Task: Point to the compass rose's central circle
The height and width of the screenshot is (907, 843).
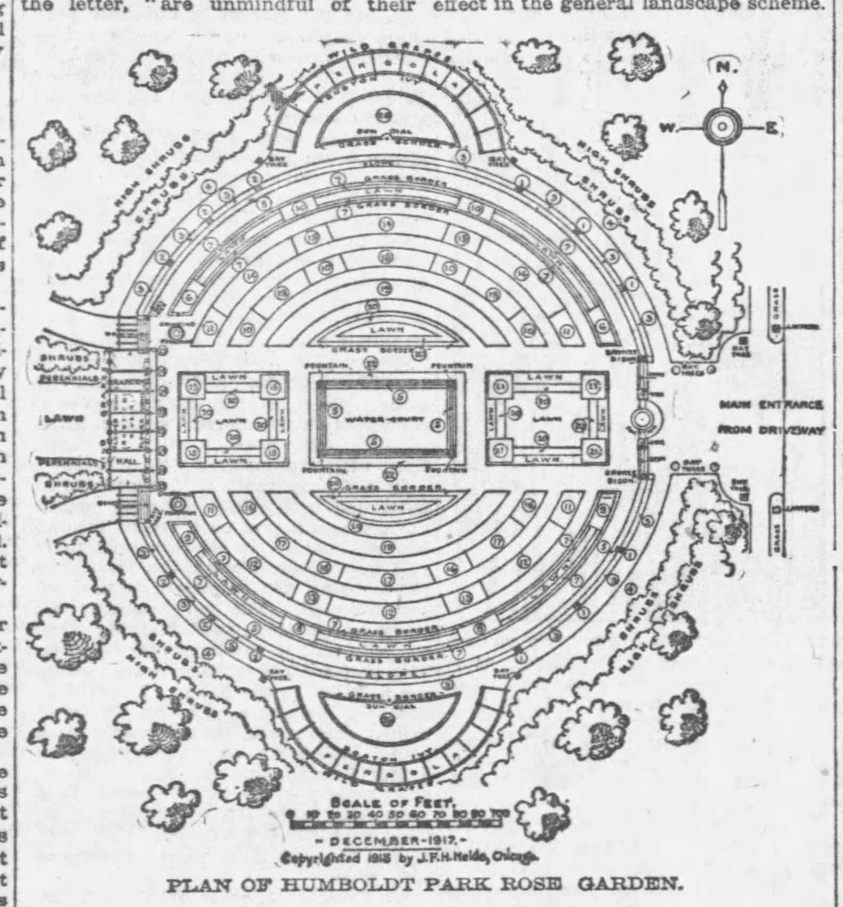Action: pyautogui.click(x=722, y=127)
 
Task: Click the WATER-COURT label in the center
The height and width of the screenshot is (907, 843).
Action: pyautogui.click(x=383, y=419)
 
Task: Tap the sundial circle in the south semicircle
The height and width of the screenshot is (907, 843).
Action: pyautogui.click(x=386, y=720)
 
